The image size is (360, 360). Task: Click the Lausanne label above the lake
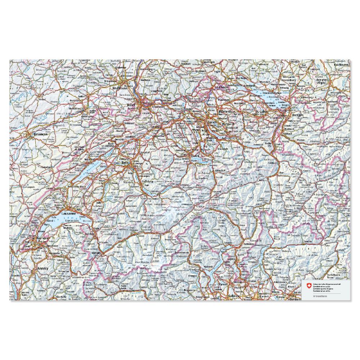click(69, 213)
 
